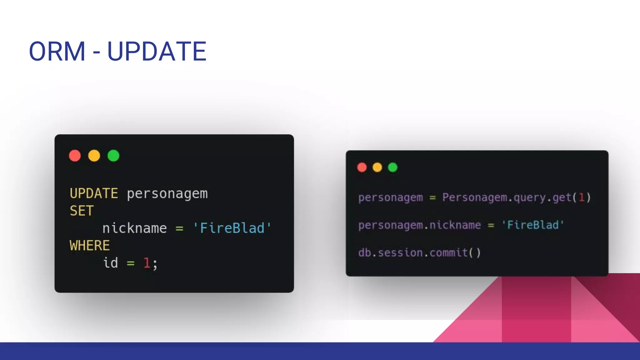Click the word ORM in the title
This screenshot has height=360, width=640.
(57, 51)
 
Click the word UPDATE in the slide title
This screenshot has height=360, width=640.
(157, 51)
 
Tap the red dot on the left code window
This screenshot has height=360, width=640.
(75, 156)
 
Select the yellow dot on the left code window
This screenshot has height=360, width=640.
(94, 156)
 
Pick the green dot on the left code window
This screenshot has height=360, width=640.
(113, 156)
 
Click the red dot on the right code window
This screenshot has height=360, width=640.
(362, 167)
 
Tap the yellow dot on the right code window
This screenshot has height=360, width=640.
(377, 167)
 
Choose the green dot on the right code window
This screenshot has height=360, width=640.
(393, 167)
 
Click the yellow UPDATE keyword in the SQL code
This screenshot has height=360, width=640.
(94, 193)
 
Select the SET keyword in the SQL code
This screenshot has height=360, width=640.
(82, 211)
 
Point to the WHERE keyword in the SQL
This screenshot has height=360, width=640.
(90, 246)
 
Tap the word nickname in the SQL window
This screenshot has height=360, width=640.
(135, 228)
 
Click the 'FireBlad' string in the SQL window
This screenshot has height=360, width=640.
(232, 228)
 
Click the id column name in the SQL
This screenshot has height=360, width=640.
(111, 263)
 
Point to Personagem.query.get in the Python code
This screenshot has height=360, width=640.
(506, 197)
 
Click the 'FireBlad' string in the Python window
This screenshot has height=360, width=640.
(532, 225)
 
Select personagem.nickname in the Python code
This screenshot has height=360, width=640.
(419, 225)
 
